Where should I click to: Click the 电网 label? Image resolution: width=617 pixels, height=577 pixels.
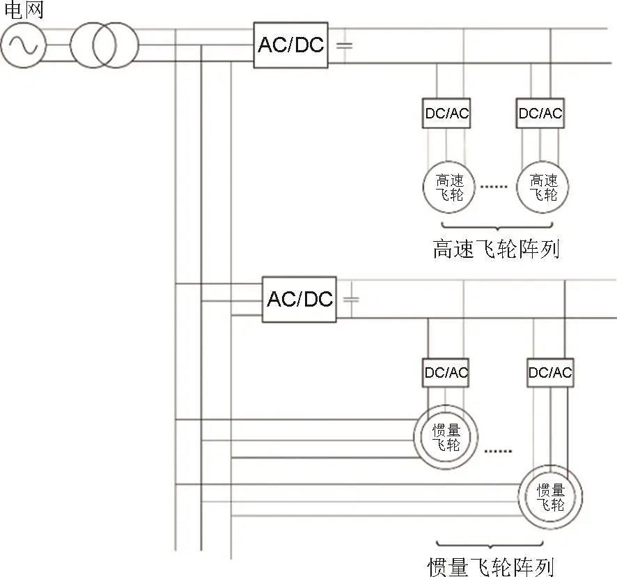click(24, 10)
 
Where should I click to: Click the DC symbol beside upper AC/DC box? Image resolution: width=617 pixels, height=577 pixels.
click(344, 45)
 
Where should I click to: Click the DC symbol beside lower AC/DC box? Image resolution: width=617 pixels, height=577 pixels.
click(352, 300)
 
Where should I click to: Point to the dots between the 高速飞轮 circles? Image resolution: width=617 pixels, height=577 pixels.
click(494, 186)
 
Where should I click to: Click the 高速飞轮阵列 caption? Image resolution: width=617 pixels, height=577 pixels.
click(496, 249)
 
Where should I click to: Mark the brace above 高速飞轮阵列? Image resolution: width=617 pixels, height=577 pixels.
click(497, 228)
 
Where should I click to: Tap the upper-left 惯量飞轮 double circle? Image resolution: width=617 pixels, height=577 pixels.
click(446, 406)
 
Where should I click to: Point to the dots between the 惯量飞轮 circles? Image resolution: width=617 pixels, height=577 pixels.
click(498, 451)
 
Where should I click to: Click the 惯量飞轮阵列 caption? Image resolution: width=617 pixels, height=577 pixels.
click(491, 567)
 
